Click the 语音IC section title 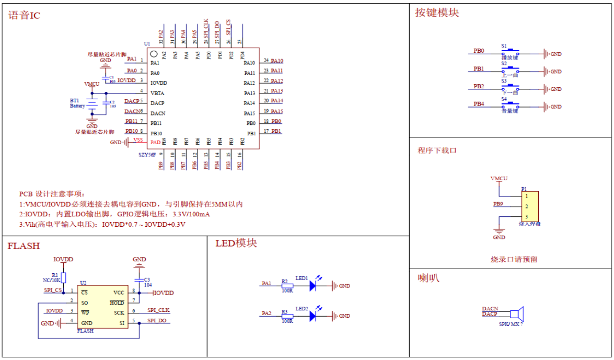(24, 15)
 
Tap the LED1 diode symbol (313, 286)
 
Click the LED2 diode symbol (313, 316)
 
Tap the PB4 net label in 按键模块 (479, 104)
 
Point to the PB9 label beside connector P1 (498, 203)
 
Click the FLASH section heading (24, 246)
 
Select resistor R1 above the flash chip (64, 277)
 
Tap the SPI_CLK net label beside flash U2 (158, 310)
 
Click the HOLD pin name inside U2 (117, 303)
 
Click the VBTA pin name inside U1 (157, 93)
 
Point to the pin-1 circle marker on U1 (154, 54)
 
